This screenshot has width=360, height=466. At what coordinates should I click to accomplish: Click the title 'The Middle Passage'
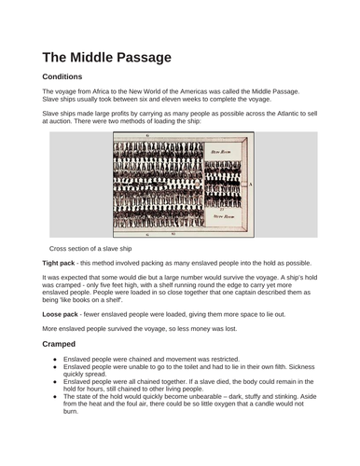point(106,57)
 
